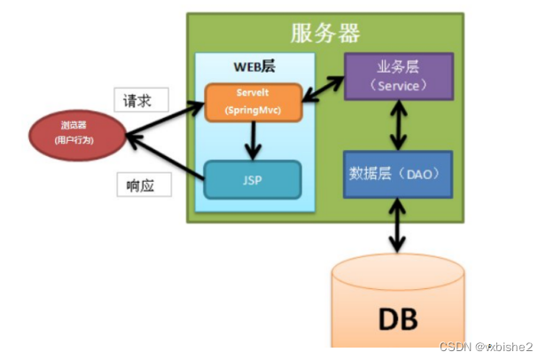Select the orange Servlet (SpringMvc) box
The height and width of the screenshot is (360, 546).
pyautogui.click(x=253, y=102)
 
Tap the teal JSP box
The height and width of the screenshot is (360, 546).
pyautogui.click(x=253, y=180)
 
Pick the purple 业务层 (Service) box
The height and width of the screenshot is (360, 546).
pyautogui.click(x=398, y=76)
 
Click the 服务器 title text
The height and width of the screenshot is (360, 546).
pyautogui.click(x=325, y=34)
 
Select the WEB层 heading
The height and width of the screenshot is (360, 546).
pyautogui.click(x=253, y=67)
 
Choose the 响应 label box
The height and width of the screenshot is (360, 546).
pyautogui.click(x=142, y=185)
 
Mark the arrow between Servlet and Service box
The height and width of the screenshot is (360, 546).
pyautogui.click(x=324, y=89)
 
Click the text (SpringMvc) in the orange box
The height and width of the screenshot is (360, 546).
pyautogui.click(x=253, y=110)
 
